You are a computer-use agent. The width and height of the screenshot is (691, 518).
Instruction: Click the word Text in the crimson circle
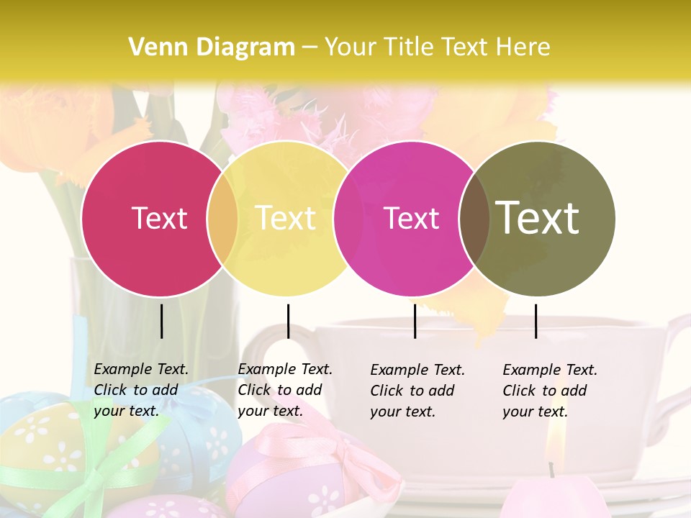click(159, 218)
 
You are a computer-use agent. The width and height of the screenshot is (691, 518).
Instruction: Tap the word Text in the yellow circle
click(286, 218)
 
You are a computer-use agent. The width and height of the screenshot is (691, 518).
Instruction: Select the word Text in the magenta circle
click(411, 218)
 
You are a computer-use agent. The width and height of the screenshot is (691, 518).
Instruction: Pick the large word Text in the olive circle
click(538, 217)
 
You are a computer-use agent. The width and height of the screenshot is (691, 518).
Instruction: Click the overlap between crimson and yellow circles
click(222, 219)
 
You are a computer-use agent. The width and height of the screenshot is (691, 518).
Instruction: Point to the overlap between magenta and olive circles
click(474, 219)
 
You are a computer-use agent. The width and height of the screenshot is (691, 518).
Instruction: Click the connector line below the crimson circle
click(161, 321)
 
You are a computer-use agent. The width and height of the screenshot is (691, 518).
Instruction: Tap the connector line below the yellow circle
click(288, 321)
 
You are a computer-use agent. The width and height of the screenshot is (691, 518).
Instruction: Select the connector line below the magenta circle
click(415, 321)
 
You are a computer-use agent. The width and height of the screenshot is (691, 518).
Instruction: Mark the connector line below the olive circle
click(536, 321)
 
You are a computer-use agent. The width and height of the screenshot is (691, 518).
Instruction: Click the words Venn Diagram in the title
click(212, 47)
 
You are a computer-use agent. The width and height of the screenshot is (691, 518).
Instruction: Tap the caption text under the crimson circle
click(141, 390)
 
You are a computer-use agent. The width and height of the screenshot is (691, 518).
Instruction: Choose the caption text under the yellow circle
click(285, 390)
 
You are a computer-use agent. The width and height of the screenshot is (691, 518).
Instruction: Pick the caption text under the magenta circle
click(417, 391)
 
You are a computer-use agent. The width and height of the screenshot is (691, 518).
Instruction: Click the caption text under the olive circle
click(550, 391)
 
